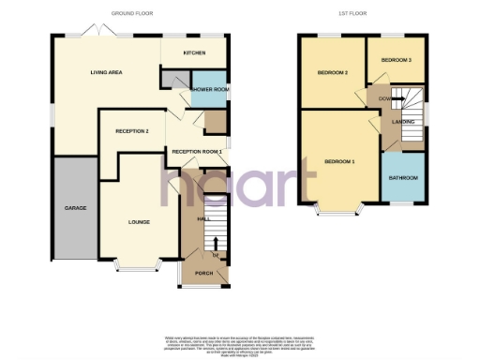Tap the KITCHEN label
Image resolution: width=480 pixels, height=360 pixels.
click(x=194, y=52)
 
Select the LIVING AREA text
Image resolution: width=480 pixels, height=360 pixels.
click(x=107, y=72)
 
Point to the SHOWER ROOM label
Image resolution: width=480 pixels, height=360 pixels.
click(x=209, y=90)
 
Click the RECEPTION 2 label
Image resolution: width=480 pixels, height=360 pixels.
click(x=130, y=130)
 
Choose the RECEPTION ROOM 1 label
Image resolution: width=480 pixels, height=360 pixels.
click(x=196, y=151)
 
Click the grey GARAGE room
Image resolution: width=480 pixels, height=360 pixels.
click(x=75, y=207)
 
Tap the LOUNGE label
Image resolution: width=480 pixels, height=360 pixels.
click(x=139, y=222)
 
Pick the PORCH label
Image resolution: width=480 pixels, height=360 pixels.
click(x=203, y=274)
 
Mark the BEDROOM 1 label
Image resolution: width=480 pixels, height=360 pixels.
click(x=339, y=161)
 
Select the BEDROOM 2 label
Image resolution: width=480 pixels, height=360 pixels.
click(x=333, y=72)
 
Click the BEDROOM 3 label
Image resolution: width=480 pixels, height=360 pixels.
click(x=396, y=60)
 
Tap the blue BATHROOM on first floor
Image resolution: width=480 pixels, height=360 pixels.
click(x=404, y=177)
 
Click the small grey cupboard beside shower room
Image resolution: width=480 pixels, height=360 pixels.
click(x=174, y=82)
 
